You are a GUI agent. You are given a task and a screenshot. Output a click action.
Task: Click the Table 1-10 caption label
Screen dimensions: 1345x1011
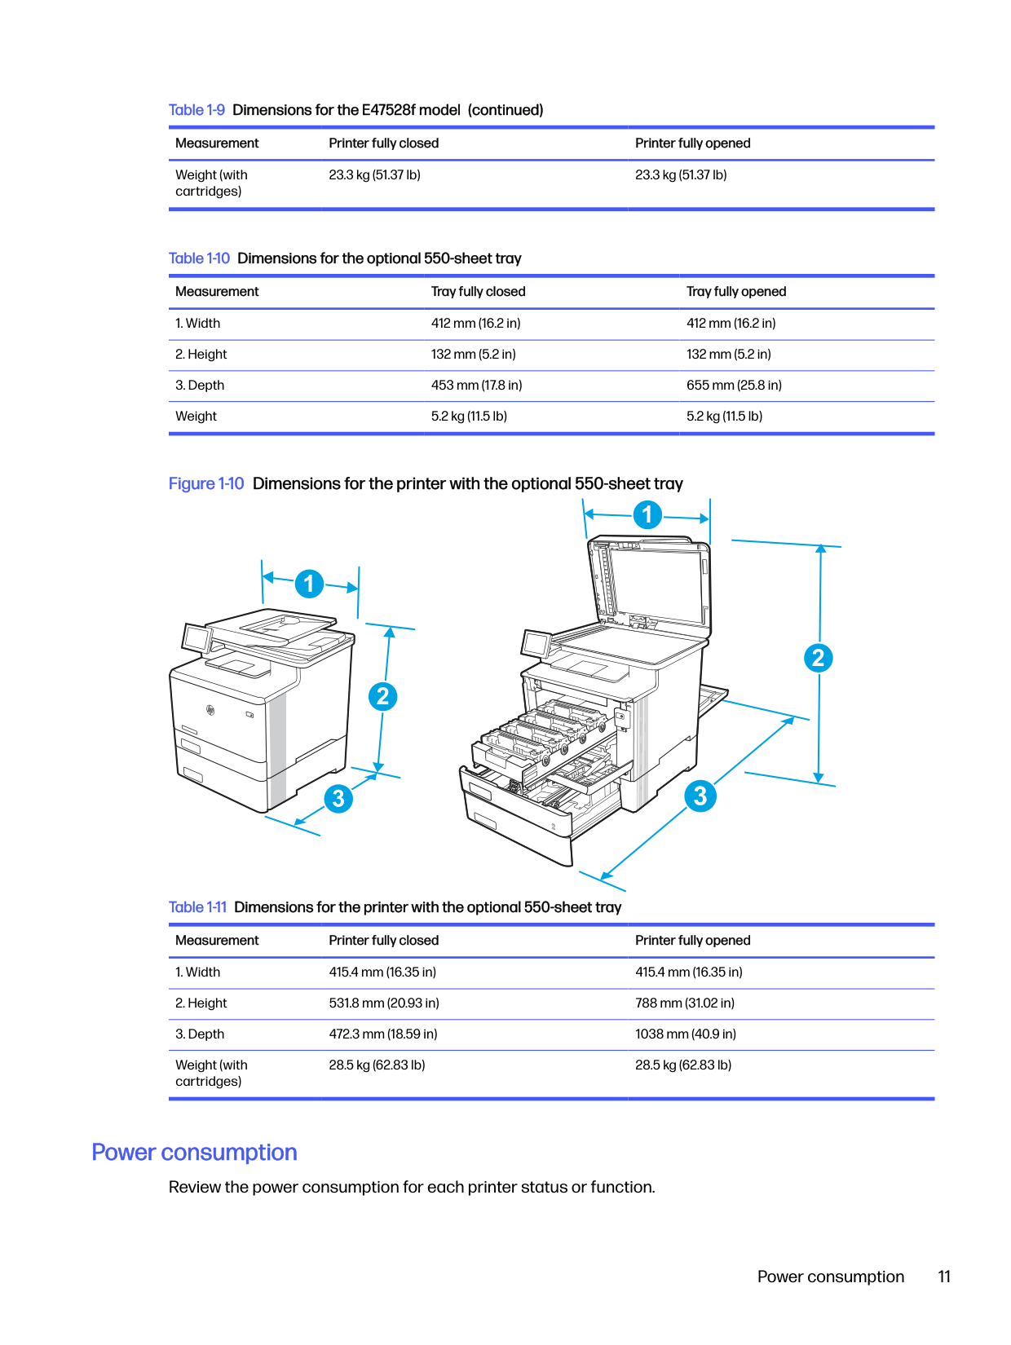coord(199,258)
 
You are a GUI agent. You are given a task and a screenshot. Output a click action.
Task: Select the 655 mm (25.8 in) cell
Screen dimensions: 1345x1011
coord(734,386)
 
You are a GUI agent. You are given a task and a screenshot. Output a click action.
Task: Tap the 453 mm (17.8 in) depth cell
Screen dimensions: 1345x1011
coord(476,386)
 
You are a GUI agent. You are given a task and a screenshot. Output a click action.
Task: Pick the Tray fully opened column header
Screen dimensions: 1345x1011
coord(735,292)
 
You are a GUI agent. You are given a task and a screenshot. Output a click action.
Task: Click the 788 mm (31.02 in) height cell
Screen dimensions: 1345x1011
coord(684,1003)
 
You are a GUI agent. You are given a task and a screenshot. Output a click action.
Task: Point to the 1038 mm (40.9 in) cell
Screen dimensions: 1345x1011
coord(685,1034)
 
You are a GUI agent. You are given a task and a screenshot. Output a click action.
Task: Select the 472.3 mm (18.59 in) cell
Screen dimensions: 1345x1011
coord(382,1034)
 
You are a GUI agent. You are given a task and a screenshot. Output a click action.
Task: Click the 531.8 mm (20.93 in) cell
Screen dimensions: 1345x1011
coord(383,1003)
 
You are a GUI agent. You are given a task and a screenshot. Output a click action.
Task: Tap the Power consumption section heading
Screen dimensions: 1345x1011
coord(194,1153)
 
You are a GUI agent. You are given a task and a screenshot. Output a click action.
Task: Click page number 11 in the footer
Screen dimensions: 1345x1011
coord(944,1277)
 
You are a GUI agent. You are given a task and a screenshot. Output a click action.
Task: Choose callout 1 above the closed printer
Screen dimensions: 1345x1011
coord(309,584)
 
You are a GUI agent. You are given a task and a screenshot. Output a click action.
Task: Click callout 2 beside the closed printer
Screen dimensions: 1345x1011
coord(382,696)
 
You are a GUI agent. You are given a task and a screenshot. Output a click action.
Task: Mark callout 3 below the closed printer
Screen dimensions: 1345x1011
coord(338,798)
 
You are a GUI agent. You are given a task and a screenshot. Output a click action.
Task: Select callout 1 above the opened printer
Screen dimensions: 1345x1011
coord(647,514)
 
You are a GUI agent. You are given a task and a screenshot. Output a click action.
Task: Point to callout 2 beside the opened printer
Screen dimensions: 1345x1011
coord(818,658)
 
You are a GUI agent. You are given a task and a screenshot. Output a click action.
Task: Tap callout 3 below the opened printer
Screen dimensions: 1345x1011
coord(700,796)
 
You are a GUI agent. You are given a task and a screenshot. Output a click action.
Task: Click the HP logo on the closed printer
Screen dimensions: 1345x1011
coord(210,711)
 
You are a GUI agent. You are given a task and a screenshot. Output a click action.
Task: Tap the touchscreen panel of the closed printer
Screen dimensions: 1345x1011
coord(196,637)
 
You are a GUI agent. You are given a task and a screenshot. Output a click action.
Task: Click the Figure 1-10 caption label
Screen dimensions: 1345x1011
coord(205,484)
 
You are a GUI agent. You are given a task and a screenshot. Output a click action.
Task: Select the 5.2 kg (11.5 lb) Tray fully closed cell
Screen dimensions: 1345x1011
coord(469,417)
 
